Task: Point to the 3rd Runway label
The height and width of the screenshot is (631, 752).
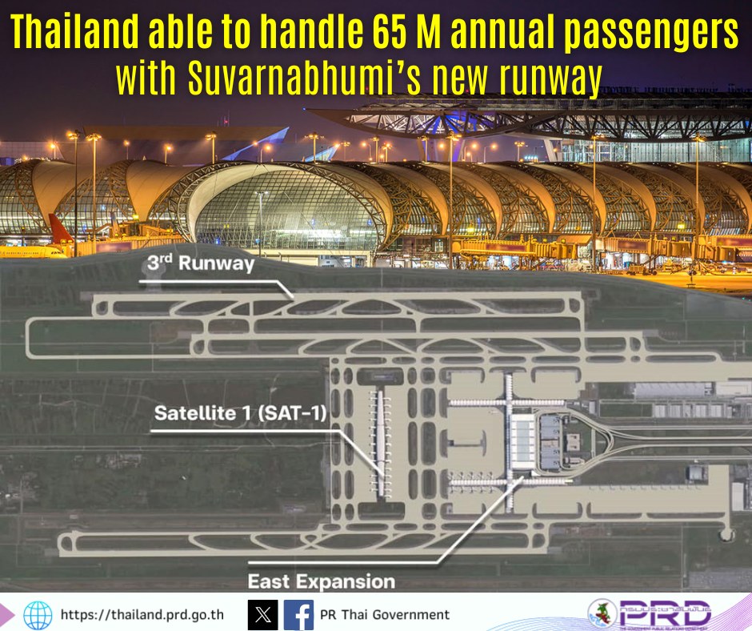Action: point(201,263)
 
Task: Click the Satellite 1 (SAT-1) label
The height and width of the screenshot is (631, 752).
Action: point(240,413)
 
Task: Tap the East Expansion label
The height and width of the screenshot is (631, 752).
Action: point(322,581)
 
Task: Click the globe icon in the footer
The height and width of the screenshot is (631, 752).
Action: point(38,615)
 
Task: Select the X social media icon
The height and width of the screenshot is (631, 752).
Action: point(263,615)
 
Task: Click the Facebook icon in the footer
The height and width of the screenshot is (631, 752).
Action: point(298,615)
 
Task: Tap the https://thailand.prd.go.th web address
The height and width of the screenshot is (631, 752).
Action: point(142,615)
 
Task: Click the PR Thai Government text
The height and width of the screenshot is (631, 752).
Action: point(385,615)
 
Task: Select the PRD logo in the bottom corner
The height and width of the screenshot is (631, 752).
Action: point(650,613)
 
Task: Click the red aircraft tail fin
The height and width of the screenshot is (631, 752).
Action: point(59,229)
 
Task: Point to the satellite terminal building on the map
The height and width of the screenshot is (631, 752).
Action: point(381,442)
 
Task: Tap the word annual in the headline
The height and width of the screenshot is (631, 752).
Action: point(502,32)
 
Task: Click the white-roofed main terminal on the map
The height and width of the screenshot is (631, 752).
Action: point(522,442)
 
